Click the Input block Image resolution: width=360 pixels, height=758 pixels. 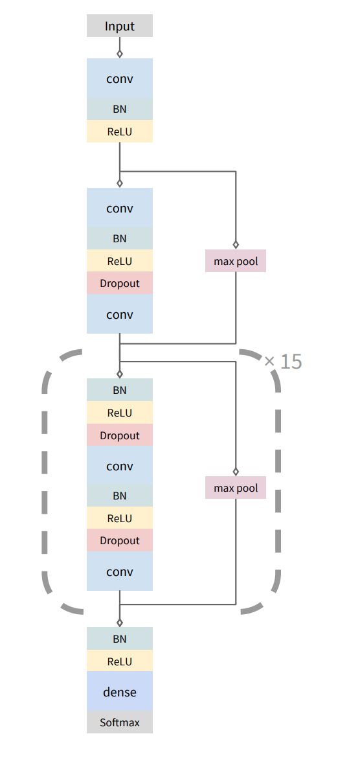pos(120,27)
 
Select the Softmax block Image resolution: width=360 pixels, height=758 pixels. pos(120,722)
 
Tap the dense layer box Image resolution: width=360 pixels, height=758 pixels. pos(120,692)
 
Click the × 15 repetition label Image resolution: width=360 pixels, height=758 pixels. pos(284,362)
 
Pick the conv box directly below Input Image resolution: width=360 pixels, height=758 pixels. pos(120,79)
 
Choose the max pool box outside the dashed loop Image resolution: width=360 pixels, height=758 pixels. pos(236,261)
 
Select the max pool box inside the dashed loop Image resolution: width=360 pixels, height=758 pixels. pos(236,488)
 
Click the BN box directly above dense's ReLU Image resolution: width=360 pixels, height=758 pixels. pos(120,639)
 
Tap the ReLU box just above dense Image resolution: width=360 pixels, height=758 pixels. pos(120,661)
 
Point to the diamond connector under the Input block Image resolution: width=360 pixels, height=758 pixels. pos(120,54)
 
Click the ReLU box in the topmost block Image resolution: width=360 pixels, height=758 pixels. pos(120,132)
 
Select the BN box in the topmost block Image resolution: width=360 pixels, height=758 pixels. pos(120,109)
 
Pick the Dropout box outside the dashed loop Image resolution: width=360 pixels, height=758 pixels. pos(120,283)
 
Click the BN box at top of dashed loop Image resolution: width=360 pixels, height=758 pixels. pos(120,390)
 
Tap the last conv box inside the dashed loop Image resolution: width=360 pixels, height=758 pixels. pos(120,572)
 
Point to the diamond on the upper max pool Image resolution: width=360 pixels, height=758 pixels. pos(236,245)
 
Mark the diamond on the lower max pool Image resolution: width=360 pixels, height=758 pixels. pos(236,472)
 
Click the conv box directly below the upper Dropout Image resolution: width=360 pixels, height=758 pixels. pos(120,315)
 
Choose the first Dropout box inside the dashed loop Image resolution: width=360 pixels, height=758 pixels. pos(120,435)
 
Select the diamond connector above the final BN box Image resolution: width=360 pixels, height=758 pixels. pos(120,623)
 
